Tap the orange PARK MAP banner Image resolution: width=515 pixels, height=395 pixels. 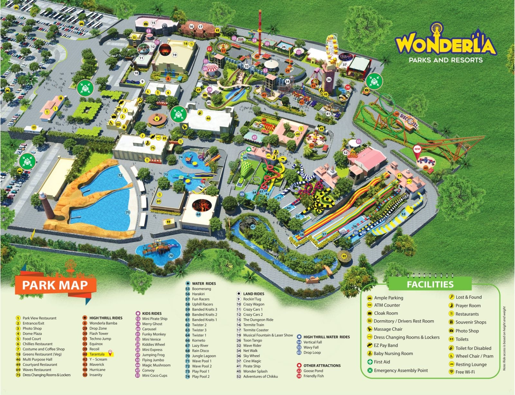click(x=55, y=285)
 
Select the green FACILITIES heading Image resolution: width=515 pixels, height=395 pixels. click(x=430, y=284)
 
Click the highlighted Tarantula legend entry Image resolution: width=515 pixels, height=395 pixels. click(x=97, y=354)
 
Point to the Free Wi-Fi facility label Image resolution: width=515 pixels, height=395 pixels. click(x=465, y=372)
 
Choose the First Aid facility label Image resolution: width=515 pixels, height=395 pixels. click(x=382, y=362)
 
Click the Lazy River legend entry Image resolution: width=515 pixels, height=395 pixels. click(x=200, y=345)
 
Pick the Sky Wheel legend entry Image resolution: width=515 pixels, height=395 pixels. click(x=251, y=356)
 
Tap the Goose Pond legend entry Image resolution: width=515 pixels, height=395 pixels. click(x=313, y=371)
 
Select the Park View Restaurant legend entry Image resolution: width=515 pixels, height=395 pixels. click(x=39, y=318)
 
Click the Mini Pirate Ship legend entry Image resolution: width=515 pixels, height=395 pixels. click(x=154, y=319)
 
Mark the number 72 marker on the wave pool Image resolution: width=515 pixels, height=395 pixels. click(x=120, y=175)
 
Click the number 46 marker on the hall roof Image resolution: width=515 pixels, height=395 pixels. click(x=208, y=118)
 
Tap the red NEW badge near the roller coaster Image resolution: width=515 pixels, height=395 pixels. click(x=417, y=149)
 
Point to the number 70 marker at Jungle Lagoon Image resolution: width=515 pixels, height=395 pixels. click(x=171, y=256)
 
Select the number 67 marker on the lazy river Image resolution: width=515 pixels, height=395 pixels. click(x=253, y=227)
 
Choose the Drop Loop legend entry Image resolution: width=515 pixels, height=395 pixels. click(x=312, y=353)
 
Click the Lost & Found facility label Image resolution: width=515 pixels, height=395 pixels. click(x=468, y=297)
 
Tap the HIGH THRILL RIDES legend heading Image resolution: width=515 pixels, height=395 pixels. click(x=106, y=318)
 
